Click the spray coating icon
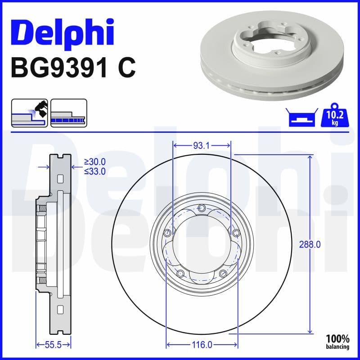(x=29, y=112)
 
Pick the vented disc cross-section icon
(x=68, y=112)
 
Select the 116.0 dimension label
(x=202, y=345)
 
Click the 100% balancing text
(x=337, y=342)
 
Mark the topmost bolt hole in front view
(x=202, y=208)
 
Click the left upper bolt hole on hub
(x=167, y=233)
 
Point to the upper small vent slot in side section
(x=60, y=179)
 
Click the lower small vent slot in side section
(x=60, y=310)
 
